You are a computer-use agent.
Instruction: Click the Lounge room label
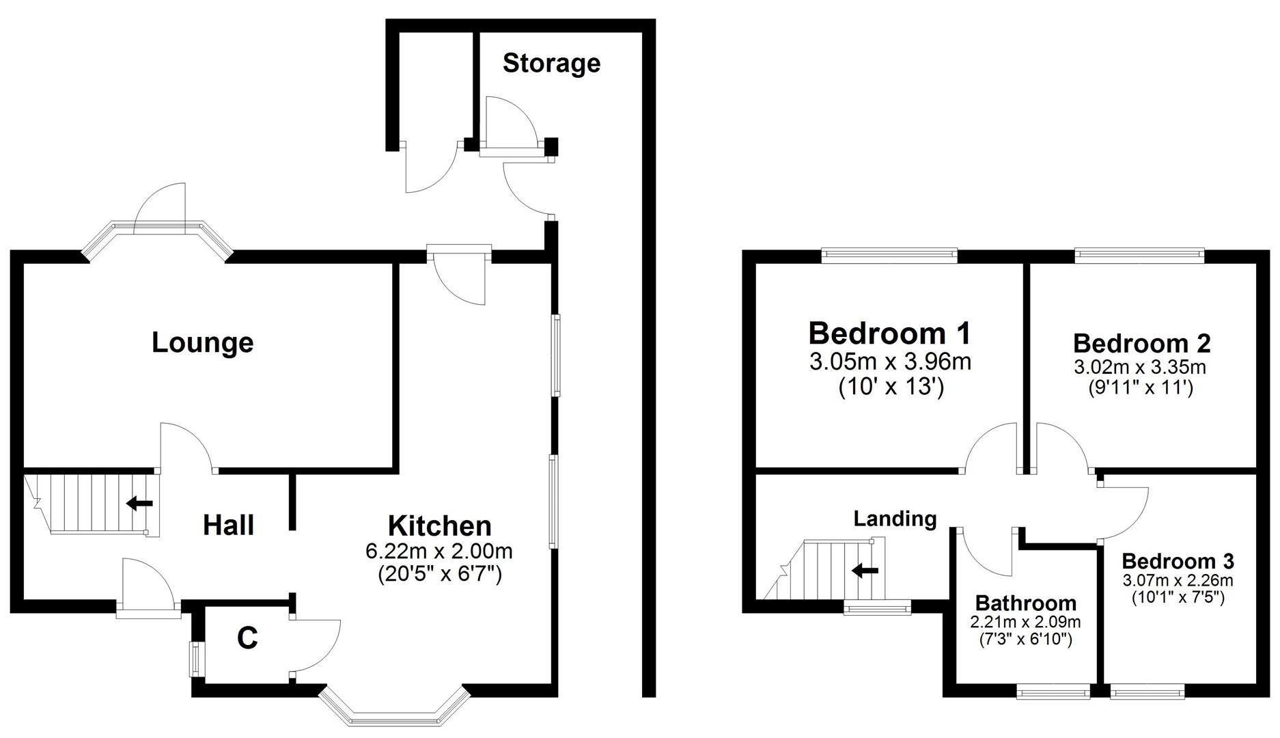click(202, 342)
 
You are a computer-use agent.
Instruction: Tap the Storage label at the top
click(551, 63)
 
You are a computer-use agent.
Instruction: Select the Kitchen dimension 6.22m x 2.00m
click(439, 551)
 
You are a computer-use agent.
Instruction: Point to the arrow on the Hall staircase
click(140, 504)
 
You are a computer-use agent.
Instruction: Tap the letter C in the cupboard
click(247, 638)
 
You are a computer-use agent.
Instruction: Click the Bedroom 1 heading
click(889, 333)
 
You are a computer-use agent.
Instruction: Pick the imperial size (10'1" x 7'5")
click(1178, 598)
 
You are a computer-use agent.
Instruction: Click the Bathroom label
click(1025, 603)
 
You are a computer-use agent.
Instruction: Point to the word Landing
click(895, 519)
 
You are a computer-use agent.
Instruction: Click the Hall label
click(228, 525)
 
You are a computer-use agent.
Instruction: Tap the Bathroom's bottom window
click(1053, 693)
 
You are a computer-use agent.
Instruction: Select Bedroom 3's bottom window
click(1147, 693)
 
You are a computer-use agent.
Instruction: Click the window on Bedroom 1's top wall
click(889, 256)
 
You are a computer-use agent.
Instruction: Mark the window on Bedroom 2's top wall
click(1139, 256)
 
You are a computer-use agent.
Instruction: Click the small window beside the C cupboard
click(195, 659)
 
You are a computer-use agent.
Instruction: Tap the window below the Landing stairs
click(877, 607)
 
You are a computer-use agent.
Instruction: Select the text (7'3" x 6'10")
click(1025, 640)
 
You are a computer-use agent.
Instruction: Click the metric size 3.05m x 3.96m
click(890, 361)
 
